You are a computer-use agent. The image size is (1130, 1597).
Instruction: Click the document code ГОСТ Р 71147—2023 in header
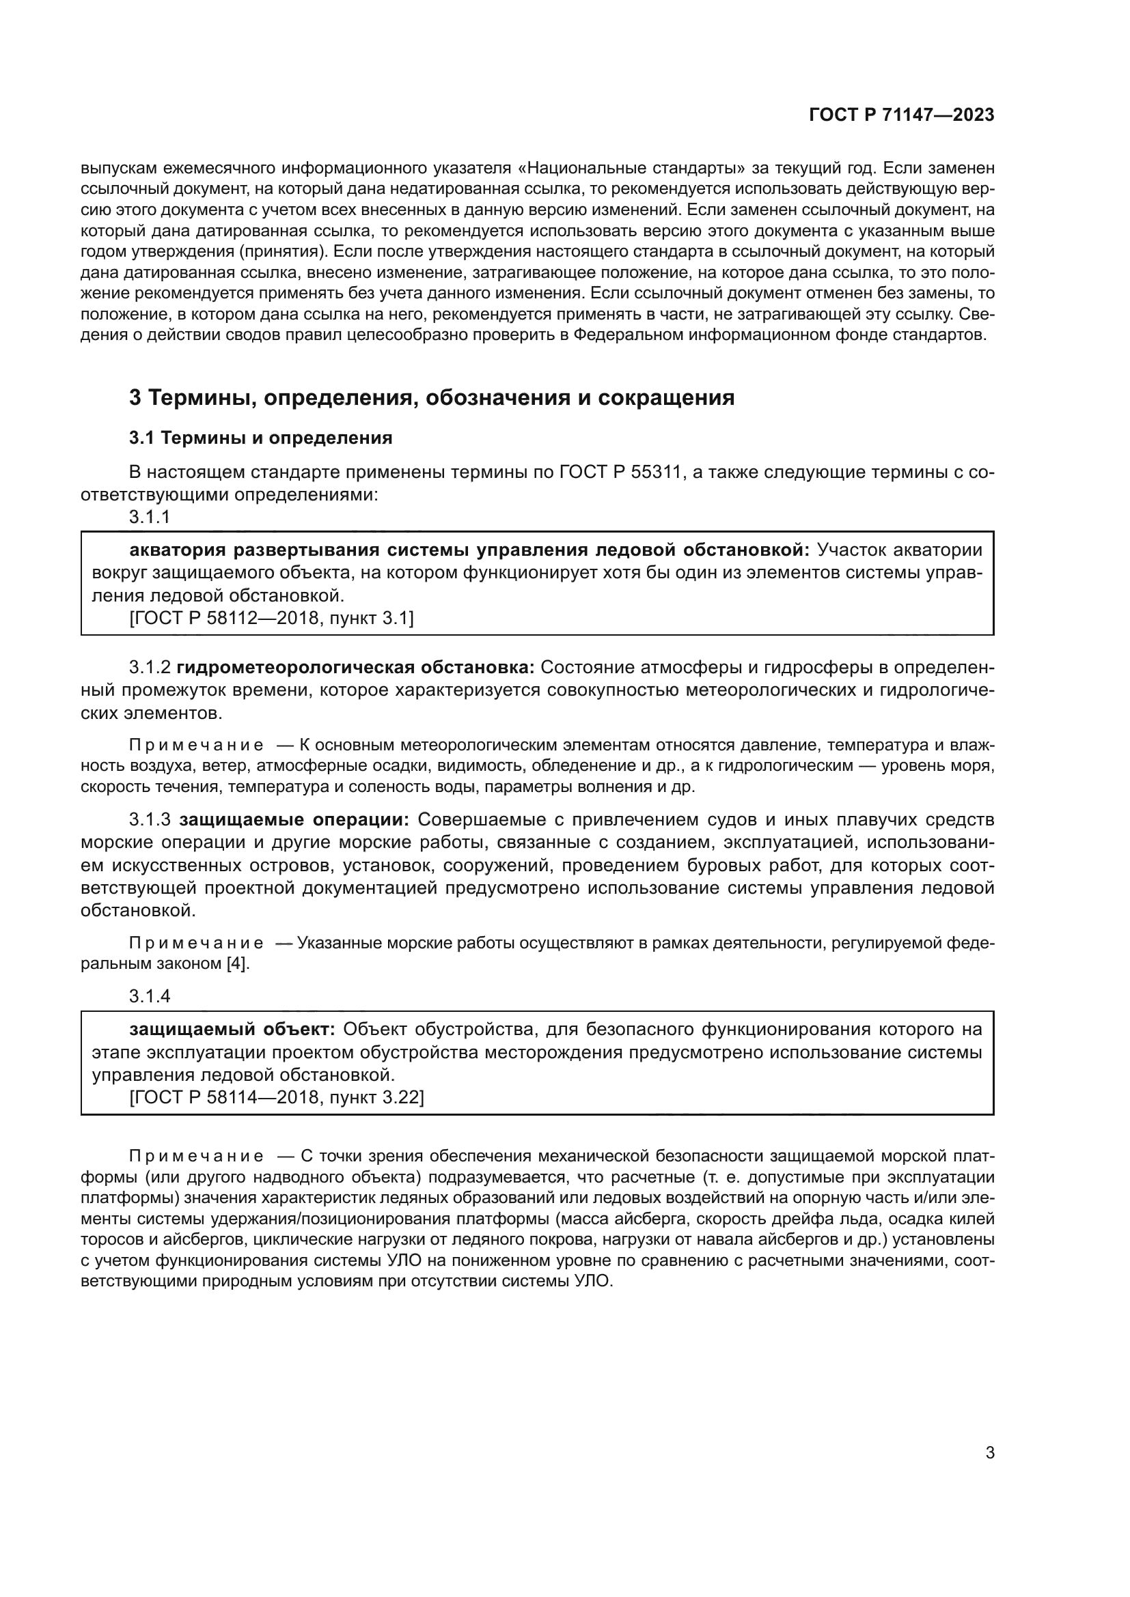(x=902, y=115)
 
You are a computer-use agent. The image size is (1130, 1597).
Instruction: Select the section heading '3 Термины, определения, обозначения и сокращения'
(x=431, y=398)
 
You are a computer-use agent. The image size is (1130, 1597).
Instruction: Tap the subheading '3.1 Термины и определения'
(x=260, y=438)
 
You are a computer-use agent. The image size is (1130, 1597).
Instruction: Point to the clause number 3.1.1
(x=150, y=517)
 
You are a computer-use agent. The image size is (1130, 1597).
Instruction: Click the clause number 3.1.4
(x=150, y=996)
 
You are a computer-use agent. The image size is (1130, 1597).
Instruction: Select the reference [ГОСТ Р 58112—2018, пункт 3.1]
(x=271, y=619)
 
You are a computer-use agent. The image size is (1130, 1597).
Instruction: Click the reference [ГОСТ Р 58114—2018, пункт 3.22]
(x=277, y=1098)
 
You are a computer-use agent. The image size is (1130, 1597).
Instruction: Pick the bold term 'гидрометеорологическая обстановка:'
(x=355, y=668)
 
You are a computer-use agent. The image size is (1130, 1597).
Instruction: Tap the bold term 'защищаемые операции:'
(x=295, y=819)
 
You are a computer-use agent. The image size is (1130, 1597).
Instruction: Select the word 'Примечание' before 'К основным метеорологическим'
(x=197, y=746)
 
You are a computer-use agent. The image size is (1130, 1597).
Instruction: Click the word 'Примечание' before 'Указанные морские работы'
(x=197, y=944)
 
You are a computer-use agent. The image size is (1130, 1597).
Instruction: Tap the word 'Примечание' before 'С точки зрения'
(x=197, y=1156)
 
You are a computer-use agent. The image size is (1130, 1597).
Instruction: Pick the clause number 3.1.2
(x=150, y=668)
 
